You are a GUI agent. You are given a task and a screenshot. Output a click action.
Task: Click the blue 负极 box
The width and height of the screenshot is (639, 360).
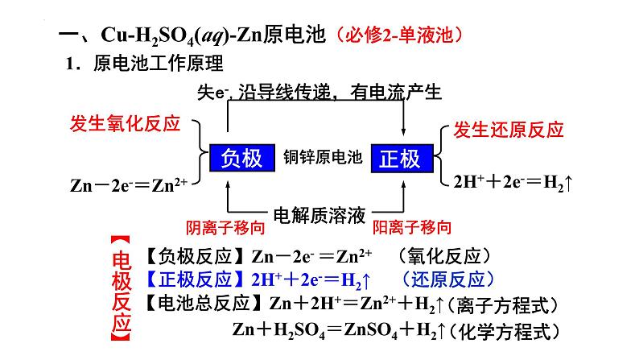click(242, 158)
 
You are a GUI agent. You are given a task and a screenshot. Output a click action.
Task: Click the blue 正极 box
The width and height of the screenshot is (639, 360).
click(401, 158)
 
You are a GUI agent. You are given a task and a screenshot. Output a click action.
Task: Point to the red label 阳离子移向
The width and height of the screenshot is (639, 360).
click(412, 228)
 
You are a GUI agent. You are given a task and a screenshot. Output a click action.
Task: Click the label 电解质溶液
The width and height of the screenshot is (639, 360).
click(320, 215)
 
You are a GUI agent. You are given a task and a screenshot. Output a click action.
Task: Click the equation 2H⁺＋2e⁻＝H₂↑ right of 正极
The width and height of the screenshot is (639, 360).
click(513, 182)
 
